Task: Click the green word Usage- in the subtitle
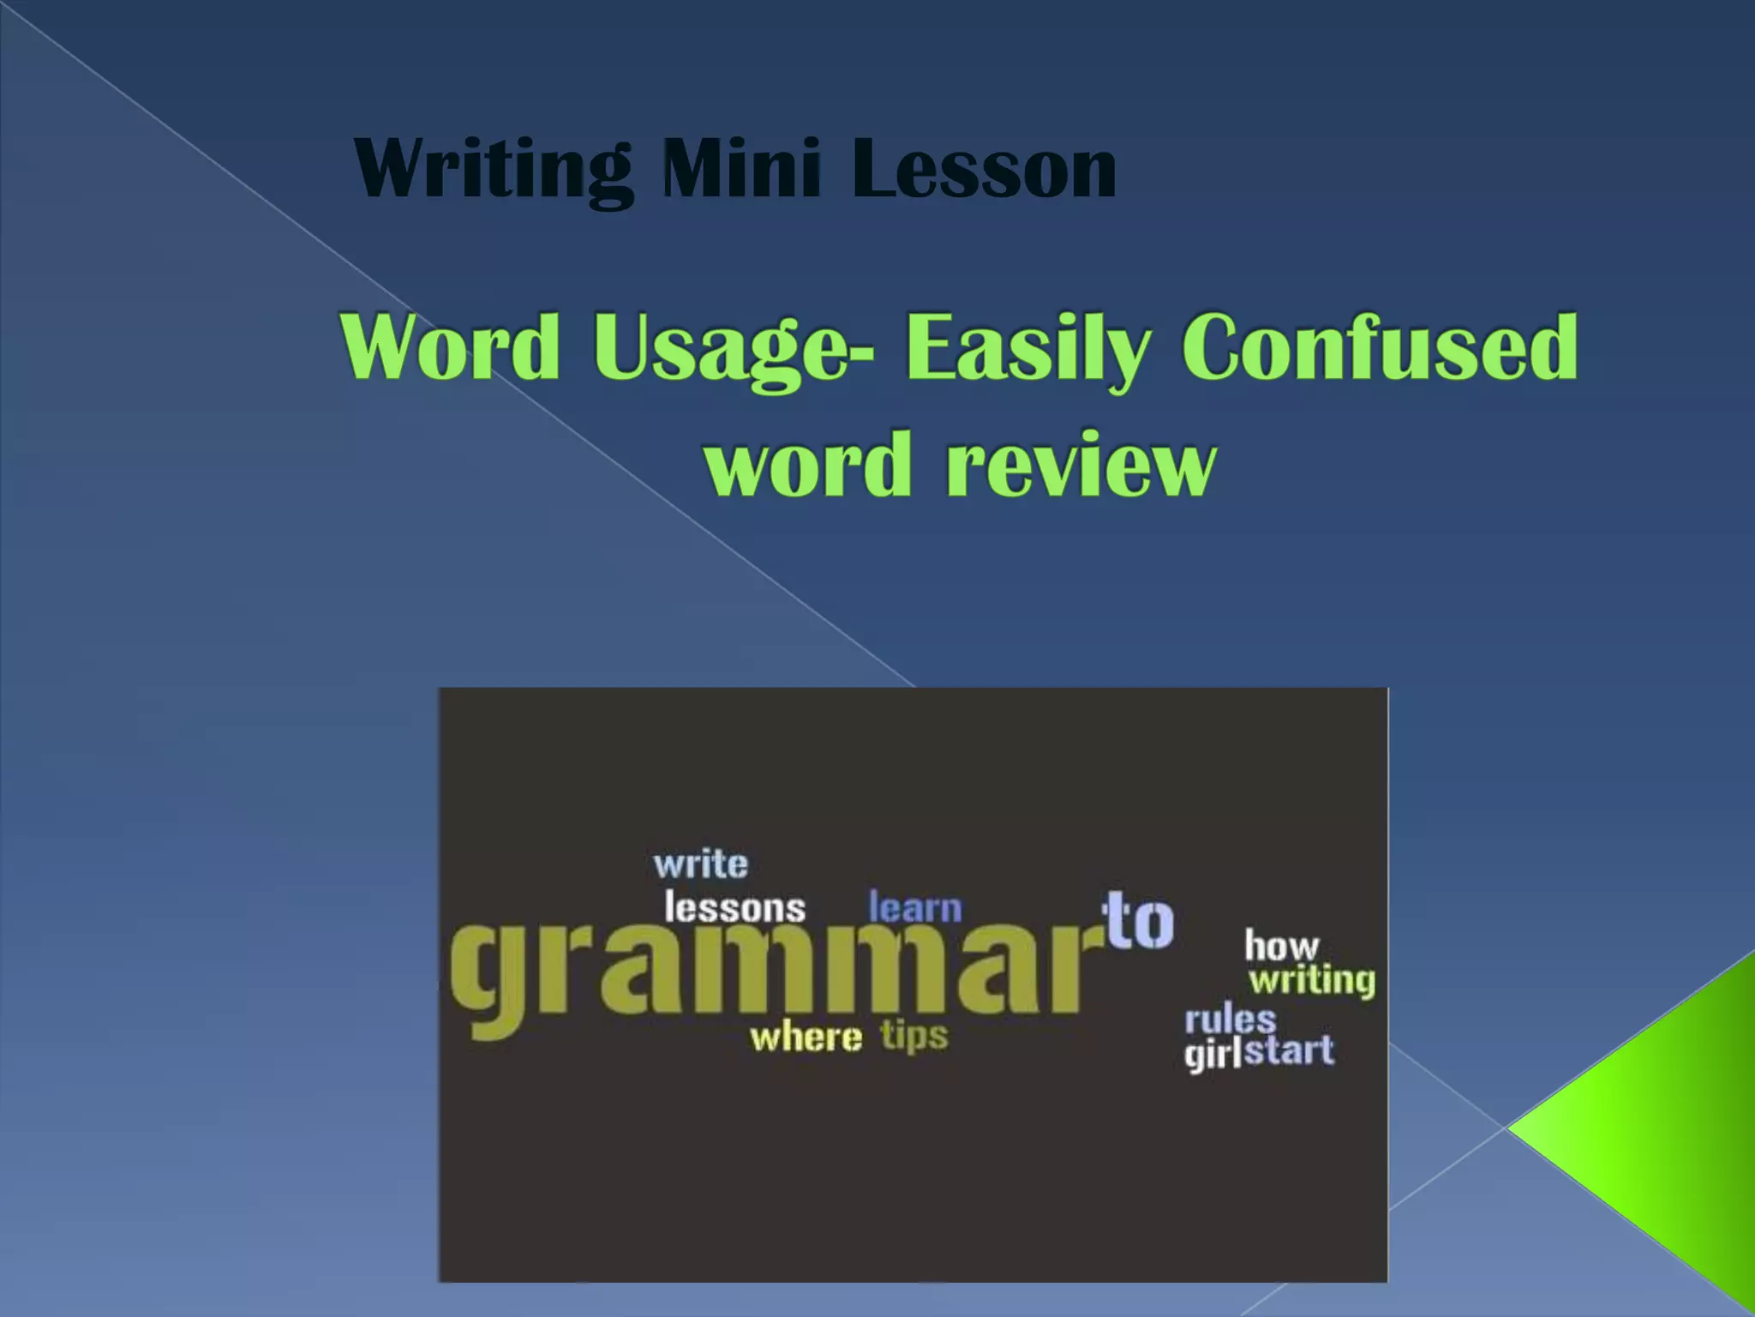click(x=734, y=349)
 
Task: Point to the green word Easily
click(x=1028, y=349)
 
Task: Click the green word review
click(x=1081, y=465)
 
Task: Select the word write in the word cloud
click(x=701, y=864)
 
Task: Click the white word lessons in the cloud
click(x=734, y=908)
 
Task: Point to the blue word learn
click(x=915, y=908)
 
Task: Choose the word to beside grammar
click(x=1140, y=921)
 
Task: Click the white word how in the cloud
click(x=1281, y=947)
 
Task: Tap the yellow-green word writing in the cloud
click(x=1312, y=980)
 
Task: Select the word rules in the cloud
click(x=1231, y=1020)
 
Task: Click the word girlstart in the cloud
click(x=1259, y=1052)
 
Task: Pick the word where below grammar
click(x=806, y=1037)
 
